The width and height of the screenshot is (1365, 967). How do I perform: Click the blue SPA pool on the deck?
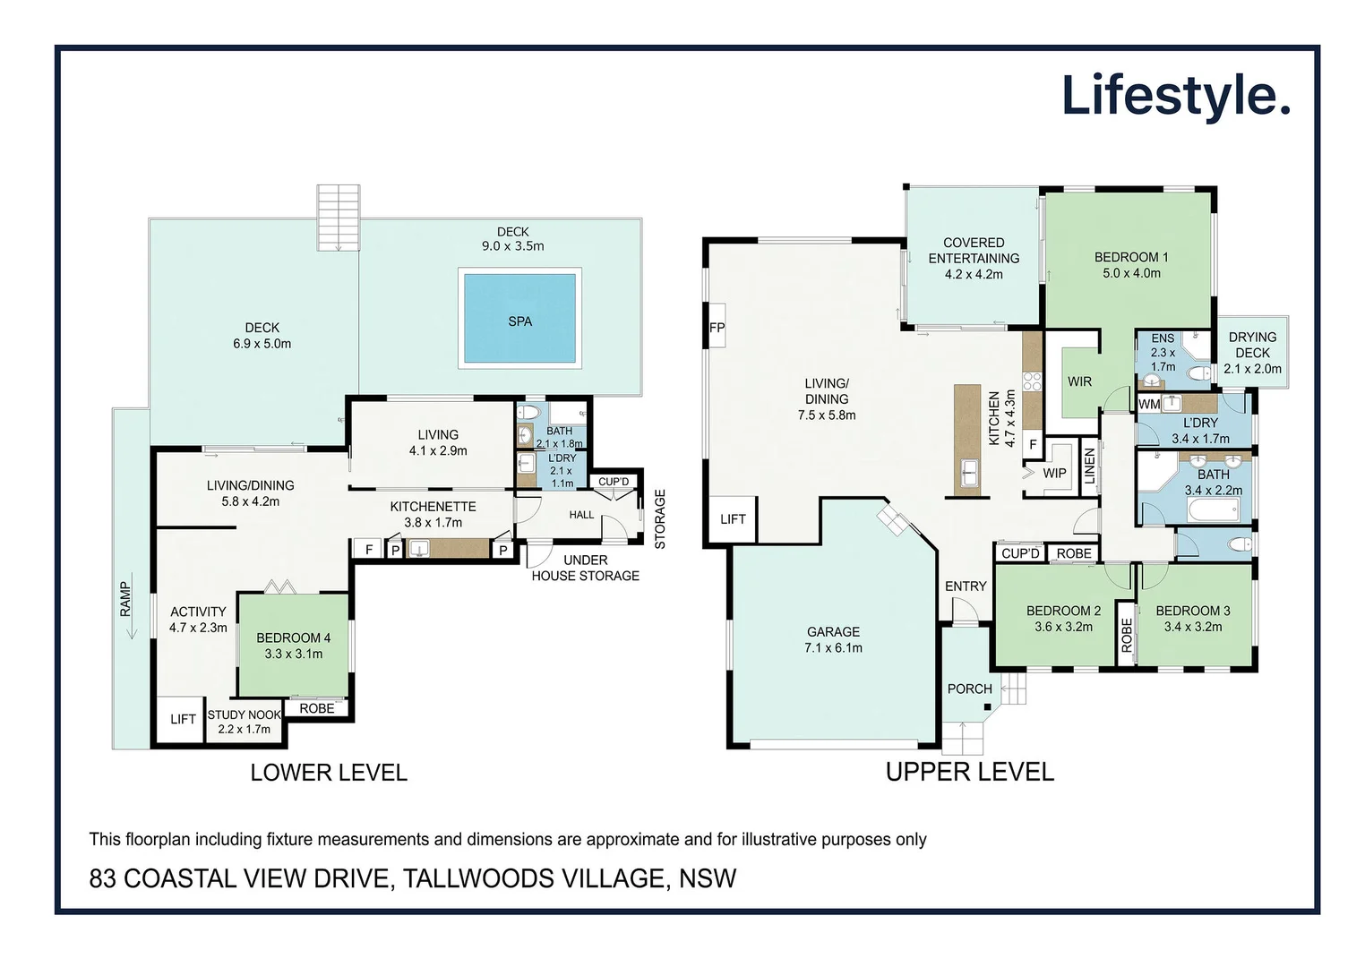click(x=519, y=318)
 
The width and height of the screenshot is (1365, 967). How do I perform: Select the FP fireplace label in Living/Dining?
click(x=717, y=327)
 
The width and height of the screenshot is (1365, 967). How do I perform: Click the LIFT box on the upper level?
click(x=732, y=519)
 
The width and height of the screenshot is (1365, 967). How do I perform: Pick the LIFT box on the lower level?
click(x=183, y=719)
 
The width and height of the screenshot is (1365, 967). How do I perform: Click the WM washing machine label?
click(x=1148, y=404)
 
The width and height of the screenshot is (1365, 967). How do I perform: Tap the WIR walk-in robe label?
click(x=1079, y=382)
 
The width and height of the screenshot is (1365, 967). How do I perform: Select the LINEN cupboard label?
click(x=1090, y=466)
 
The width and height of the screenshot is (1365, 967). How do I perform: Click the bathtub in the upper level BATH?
click(x=1214, y=509)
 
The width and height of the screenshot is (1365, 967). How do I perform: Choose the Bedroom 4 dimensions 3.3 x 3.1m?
click(x=294, y=654)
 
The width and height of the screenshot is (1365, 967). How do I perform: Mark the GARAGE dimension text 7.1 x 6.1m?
click(x=833, y=647)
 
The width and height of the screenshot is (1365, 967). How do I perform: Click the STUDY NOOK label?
click(x=244, y=715)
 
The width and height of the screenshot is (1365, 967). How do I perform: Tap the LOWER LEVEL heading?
click(x=329, y=773)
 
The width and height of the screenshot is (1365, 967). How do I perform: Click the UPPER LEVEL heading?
click(x=969, y=772)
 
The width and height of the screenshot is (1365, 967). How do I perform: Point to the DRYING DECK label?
click(x=1252, y=345)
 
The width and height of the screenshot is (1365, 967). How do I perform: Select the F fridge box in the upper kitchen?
click(x=1033, y=444)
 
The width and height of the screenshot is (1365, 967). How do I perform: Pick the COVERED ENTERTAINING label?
click(x=974, y=251)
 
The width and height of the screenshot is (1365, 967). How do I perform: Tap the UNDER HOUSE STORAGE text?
click(x=585, y=568)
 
